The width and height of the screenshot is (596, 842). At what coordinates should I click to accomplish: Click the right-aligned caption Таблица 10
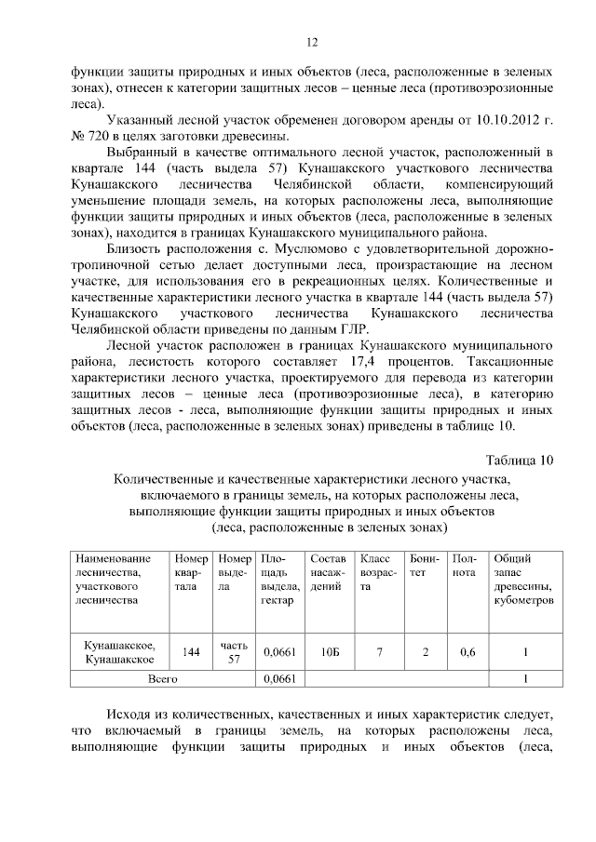tap(520, 459)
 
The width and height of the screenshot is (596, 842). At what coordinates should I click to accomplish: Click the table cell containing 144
tap(192, 651)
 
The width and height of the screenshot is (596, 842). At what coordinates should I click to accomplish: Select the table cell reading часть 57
tap(234, 651)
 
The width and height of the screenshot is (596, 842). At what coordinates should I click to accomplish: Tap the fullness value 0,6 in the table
tap(467, 651)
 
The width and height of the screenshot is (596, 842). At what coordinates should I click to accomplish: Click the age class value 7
tap(379, 651)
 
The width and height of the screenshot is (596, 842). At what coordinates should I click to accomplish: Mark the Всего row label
tap(163, 679)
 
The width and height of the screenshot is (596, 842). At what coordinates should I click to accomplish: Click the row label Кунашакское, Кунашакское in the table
tap(120, 651)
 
